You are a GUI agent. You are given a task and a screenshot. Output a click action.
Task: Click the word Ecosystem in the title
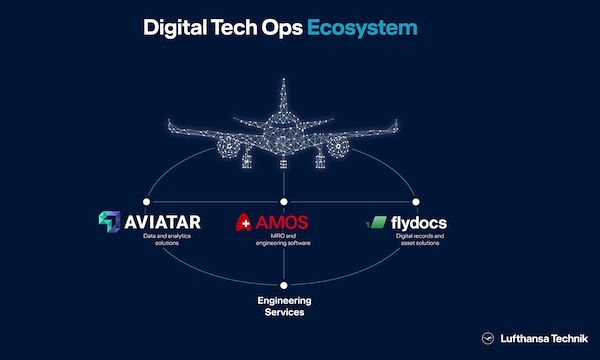click(362, 28)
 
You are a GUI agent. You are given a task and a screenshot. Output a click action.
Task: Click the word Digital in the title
click(175, 28)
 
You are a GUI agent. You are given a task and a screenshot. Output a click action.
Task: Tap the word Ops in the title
click(282, 29)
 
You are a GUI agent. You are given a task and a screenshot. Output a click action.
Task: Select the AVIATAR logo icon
click(109, 222)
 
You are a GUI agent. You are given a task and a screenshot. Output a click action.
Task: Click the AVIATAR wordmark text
click(163, 222)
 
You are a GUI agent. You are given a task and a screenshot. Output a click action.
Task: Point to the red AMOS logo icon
click(243, 222)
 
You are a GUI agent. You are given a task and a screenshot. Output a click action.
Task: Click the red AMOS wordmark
click(282, 223)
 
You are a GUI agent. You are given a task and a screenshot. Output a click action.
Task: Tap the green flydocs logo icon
click(376, 222)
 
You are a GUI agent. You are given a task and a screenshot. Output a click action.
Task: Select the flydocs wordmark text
click(419, 223)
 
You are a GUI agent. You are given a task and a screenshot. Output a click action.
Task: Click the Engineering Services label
click(284, 306)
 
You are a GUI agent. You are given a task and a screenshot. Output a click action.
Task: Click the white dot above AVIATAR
click(147, 202)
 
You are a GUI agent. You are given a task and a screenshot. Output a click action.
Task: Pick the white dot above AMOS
click(284, 202)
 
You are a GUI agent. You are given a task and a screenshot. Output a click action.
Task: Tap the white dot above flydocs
click(416, 202)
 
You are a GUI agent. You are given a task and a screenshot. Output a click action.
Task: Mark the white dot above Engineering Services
click(284, 285)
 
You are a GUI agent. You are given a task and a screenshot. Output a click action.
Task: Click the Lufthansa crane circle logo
click(488, 338)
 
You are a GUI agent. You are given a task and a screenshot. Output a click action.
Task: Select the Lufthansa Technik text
click(544, 339)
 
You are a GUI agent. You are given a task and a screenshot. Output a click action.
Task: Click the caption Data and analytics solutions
click(167, 239)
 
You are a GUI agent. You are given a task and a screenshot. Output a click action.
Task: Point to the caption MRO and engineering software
click(283, 239)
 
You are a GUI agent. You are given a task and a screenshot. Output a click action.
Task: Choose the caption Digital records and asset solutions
click(420, 239)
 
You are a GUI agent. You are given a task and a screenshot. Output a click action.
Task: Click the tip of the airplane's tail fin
click(284, 79)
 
